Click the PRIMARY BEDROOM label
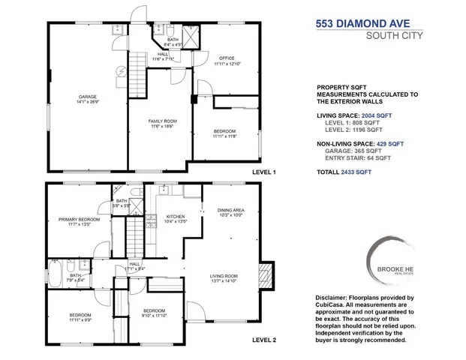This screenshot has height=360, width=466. click(x=79, y=220)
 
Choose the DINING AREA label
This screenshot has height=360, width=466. click(x=230, y=211)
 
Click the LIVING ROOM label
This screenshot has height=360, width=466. click(x=224, y=278)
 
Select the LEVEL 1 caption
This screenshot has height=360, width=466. click(x=264, y=172)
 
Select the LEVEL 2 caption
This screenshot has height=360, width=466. click(x=264, y=340)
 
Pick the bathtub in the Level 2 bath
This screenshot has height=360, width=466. click(x=56, y=269)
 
